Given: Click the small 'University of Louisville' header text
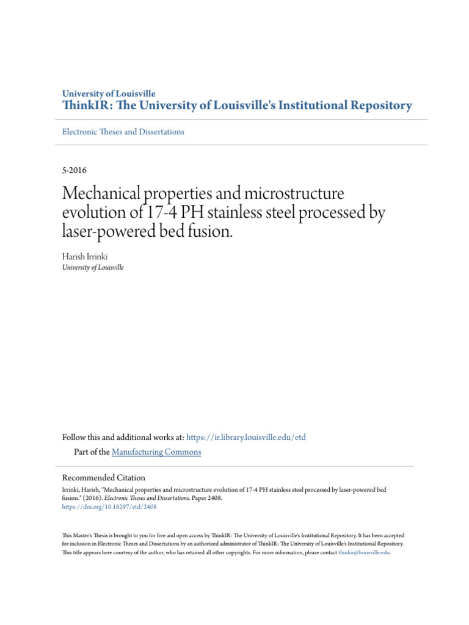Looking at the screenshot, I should point(109,94).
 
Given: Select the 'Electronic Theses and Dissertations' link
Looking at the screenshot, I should point(123,132).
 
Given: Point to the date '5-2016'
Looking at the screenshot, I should point(75,170).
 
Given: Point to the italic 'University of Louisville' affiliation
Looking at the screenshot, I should point(93,267).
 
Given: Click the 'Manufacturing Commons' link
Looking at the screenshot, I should point(156,452).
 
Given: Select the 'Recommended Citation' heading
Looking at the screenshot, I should point(104,478).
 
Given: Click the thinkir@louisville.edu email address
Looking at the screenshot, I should point(363,552).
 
